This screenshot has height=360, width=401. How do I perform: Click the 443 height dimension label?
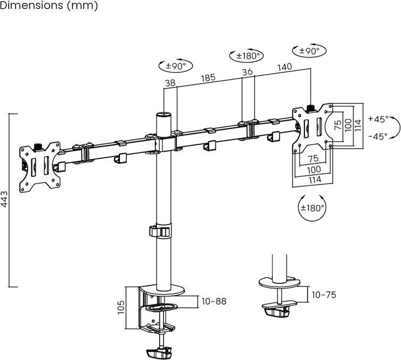point(5,199)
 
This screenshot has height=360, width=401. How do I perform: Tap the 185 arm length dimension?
point(208,78)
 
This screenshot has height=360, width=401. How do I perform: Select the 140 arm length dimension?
point(284,67)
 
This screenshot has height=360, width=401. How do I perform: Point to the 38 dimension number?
point(170,83)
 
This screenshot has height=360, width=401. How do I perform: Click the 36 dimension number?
point(247,72)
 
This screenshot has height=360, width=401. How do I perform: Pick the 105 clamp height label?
point(121,307)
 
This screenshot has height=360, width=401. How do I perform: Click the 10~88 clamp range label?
point(214,301)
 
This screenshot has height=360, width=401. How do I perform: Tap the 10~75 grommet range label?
point(324,295)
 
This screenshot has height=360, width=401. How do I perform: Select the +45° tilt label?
point(378,119)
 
